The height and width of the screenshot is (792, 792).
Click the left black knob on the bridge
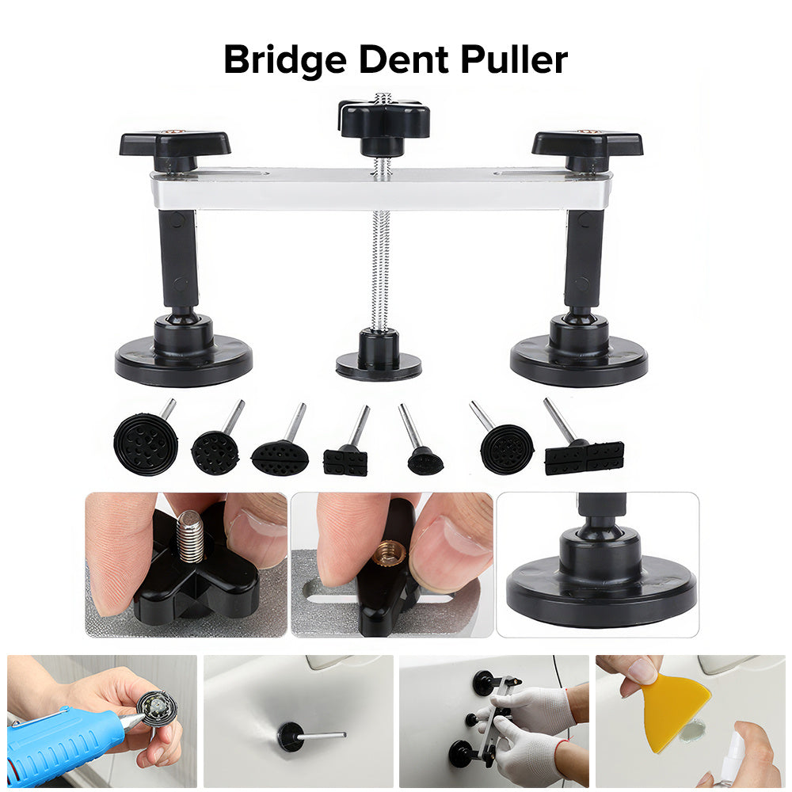coord(175,147)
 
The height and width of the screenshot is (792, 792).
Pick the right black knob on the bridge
coord(588,147)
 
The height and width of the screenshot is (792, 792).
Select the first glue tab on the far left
coord(147,439)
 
